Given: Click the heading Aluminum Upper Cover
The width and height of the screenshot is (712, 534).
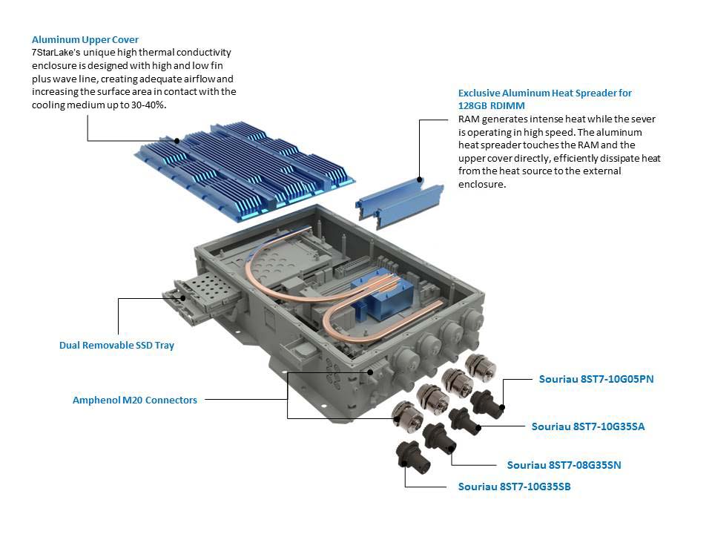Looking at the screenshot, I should point(85,39).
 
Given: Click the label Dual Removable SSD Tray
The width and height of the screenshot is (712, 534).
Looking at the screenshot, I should point(116,345).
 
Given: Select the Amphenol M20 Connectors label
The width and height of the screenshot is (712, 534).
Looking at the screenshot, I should point(134,400).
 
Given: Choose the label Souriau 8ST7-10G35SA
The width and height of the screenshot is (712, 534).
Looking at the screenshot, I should point(588,426).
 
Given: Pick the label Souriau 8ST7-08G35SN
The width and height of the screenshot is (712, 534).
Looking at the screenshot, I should point(564,465).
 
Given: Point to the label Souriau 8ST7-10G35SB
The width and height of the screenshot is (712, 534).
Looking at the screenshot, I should point(514,487).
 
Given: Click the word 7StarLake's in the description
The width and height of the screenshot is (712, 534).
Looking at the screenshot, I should point(59,53).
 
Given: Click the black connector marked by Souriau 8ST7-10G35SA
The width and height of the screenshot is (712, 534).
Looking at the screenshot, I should point(465,418).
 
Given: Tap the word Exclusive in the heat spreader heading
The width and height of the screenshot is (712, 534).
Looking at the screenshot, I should point(481,93).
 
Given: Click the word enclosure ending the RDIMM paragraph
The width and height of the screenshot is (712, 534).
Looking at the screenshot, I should point(481,184).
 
